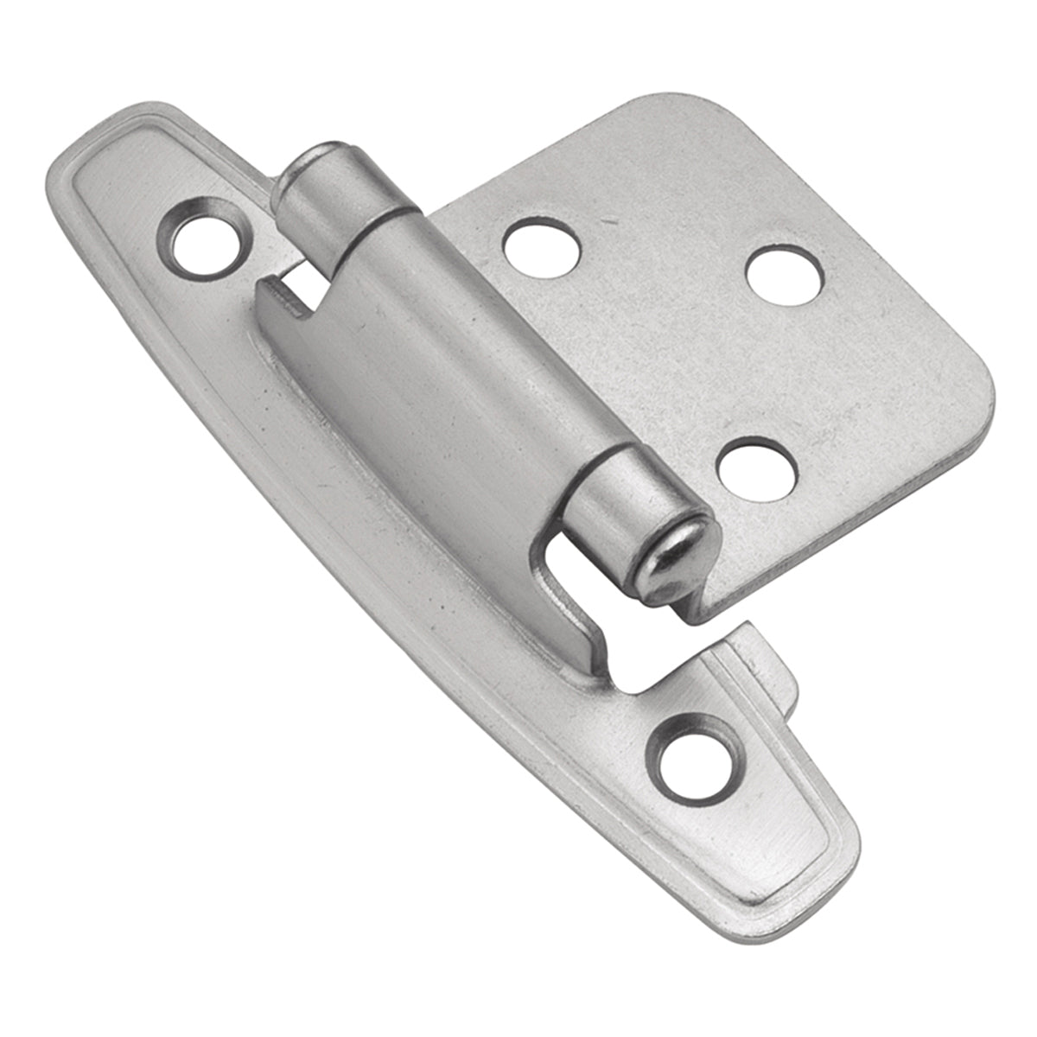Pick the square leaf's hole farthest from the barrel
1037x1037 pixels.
pos(784,275)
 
